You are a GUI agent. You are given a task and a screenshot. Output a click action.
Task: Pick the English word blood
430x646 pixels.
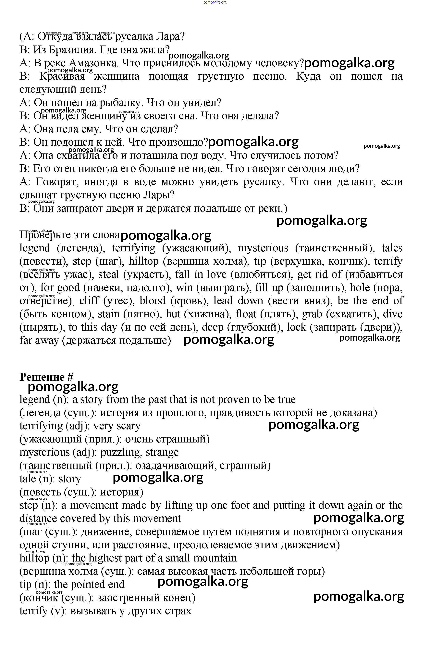[x=153, y=301]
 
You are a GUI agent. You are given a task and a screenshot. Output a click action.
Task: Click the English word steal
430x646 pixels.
[x=109, y=274]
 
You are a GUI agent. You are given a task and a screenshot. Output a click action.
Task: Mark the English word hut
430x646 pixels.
[x=173, y=314]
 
